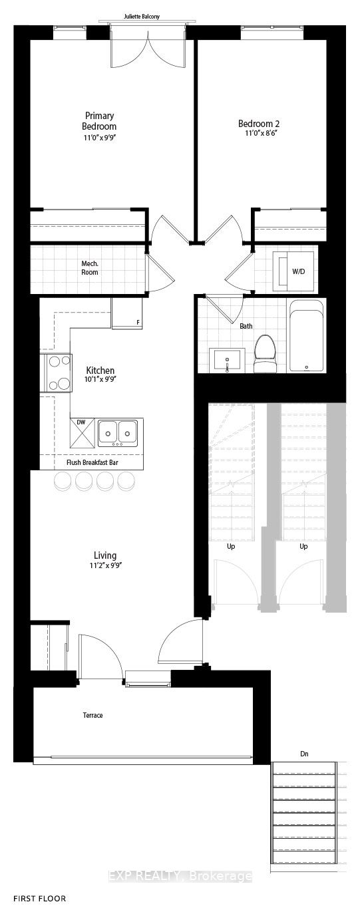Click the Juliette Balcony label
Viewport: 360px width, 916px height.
[142, 17]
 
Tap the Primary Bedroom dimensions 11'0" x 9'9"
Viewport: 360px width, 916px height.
[99, 138]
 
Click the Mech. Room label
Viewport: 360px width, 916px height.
[90, 268]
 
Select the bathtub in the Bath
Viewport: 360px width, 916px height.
[306, 336]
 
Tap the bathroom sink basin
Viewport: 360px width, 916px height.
[227, 361]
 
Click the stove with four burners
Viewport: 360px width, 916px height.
[60, 373]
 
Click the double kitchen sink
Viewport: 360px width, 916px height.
[118, 432]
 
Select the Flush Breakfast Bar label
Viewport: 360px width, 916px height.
[92, 462]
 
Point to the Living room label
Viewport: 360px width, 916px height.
[105, 555]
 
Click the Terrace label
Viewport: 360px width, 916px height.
[93, 715]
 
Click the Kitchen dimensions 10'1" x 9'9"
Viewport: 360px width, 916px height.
[100, 379]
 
